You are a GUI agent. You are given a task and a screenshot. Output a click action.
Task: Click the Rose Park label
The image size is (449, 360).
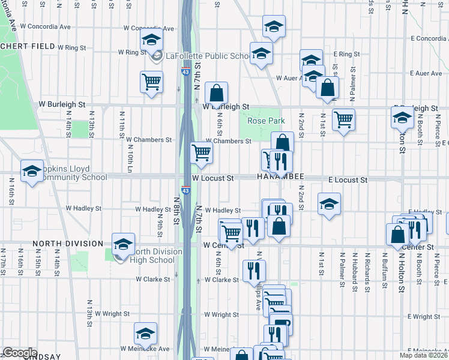[x=266, y=121]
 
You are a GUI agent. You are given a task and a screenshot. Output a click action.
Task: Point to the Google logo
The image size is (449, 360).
[x=20, y=353]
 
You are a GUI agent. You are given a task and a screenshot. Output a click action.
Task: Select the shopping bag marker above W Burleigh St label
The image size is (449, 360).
[x=217, y=93]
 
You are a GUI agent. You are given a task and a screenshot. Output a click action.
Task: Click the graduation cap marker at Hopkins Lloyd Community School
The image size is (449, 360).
[x=32, y=171]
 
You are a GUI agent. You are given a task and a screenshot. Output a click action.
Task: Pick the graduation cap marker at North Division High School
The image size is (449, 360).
[x=123, y=244]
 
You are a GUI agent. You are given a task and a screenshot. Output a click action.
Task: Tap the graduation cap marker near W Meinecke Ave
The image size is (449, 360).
[x=145, y=334]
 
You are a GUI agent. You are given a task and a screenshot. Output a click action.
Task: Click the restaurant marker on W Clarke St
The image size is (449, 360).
[x=254, y=271]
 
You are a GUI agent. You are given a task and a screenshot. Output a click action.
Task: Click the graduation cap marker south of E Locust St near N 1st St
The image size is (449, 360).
[x=329, y=204]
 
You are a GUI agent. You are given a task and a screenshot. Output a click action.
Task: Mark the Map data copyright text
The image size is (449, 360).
[x=424, y=355]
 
